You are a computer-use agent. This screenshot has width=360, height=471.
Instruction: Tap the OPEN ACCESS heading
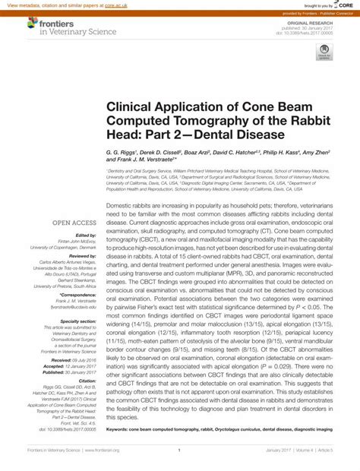pyautogui.click(x=73, y=223)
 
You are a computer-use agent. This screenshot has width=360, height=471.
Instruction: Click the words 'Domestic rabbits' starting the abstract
pyautogui.click(x=131, y=206)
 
